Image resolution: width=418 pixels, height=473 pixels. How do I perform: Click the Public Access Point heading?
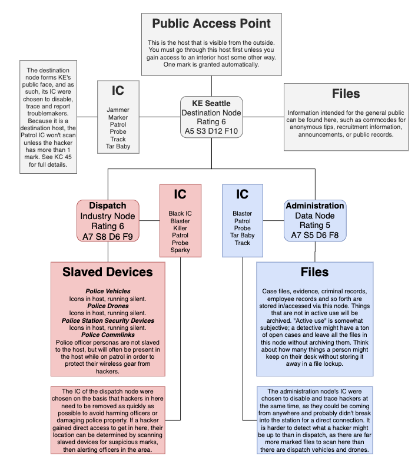[x=211, y=24]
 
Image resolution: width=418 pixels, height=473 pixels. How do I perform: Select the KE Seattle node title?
[x=211, y=104]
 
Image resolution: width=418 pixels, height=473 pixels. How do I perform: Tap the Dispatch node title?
[x=108, y=206]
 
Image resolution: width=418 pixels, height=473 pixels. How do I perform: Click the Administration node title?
[x=314, y=206]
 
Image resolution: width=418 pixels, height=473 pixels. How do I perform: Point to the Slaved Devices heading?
[x=108, y=272]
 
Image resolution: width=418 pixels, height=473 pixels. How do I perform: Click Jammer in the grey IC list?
[x=118, y=110]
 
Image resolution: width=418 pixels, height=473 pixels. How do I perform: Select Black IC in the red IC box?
[x=180, y=214]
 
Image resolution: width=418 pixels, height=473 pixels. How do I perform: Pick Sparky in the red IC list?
[x=180, y=250]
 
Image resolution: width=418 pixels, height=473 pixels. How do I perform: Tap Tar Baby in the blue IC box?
[x=242, y=236]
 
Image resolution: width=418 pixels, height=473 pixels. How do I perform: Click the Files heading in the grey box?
[x=346, y=94]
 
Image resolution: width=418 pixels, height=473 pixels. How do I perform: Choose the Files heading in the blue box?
[x=314, y=273]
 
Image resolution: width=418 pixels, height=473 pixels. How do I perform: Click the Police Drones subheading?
[x=108, y=306]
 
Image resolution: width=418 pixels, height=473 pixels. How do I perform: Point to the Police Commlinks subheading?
[x=108, y=335]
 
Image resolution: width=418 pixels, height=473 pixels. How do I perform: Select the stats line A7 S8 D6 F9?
[x=108, y=237]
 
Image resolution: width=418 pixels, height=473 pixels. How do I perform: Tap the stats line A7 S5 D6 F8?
[x=314, y=236]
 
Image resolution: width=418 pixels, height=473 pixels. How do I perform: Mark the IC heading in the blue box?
[x=242, y=194]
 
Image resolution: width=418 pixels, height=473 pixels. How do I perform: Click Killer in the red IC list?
[x=180, y=228]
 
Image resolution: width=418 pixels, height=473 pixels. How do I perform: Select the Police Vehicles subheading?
[x=108, y=292]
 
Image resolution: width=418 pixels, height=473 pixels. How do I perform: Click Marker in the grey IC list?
[x=118, y=117]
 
